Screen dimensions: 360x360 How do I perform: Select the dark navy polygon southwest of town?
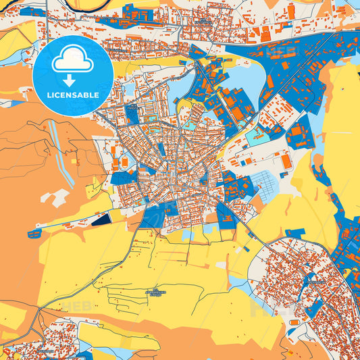(101, 218)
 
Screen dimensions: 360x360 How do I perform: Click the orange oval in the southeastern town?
(294, 323)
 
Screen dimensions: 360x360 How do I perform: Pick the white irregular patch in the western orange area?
(55, 197)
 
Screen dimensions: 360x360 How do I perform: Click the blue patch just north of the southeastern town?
(294, 233)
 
